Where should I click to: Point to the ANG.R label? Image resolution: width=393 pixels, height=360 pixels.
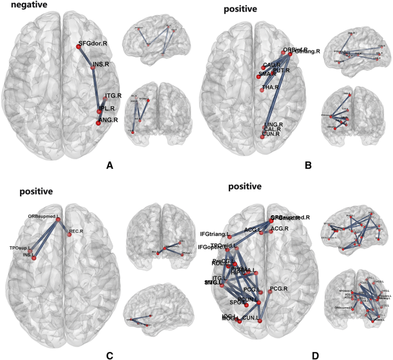pos(108,120)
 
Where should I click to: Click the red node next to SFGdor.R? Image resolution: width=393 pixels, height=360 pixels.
pos(78,47)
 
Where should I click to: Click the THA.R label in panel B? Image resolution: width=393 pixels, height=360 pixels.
pos(271,88)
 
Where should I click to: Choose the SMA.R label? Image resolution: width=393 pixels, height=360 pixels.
pos(268,74)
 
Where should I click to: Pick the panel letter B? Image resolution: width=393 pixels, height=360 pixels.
pos(308,166)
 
